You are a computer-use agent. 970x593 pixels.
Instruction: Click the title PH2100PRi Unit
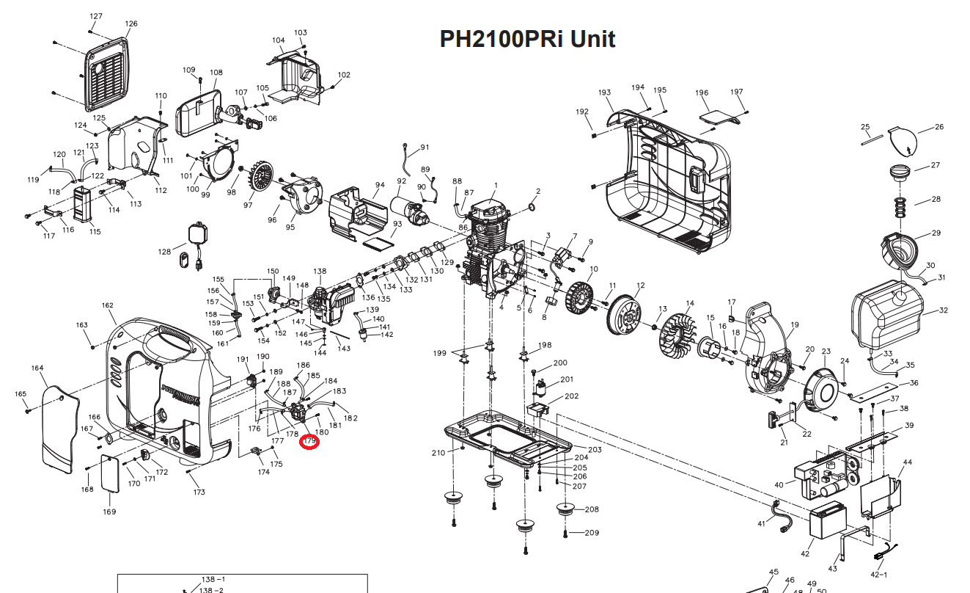(x=527, y=39)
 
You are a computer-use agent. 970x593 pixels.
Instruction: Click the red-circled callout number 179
(x=310, y=441)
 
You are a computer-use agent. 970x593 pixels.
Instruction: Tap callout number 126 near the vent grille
(x=131, y=24)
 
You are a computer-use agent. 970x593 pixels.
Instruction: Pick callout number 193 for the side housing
(x=604, y=93)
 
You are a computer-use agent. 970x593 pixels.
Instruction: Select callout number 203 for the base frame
(x=595, y=449)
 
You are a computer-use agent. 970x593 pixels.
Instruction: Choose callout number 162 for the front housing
(x=108, y=305)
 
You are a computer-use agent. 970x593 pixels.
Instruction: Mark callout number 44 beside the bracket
(x=908, y=462)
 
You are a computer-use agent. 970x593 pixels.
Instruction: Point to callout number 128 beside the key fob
(x=164, y=252)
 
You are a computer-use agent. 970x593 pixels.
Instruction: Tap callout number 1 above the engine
(x=496, y=186)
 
